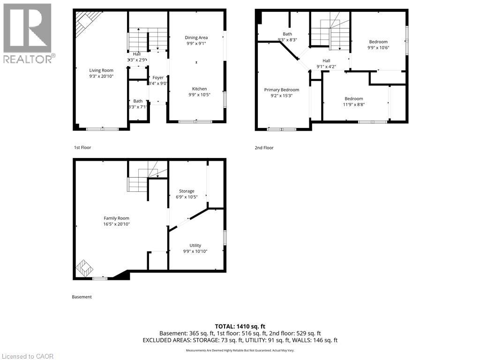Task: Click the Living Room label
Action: [101, 70]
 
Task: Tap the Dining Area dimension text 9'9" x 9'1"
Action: [196, 44]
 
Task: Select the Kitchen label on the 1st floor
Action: [199, 89]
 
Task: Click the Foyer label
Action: [158, 78]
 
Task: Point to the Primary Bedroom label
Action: [281, 90]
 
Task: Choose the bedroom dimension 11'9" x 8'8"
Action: [354, 105]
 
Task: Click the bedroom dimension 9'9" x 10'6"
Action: [378, 47]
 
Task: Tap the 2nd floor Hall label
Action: [326, 60]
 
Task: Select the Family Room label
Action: [116, 218]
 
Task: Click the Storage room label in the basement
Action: [186, 191]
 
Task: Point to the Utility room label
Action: [195, 245]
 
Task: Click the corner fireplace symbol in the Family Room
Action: [85, 268]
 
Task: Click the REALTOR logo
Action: [28, 33]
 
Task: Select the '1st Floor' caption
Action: [82, 148]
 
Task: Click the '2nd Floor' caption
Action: [264, 148]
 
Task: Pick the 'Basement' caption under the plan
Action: [82, 297]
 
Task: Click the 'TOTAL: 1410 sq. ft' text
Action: [240, 326]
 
